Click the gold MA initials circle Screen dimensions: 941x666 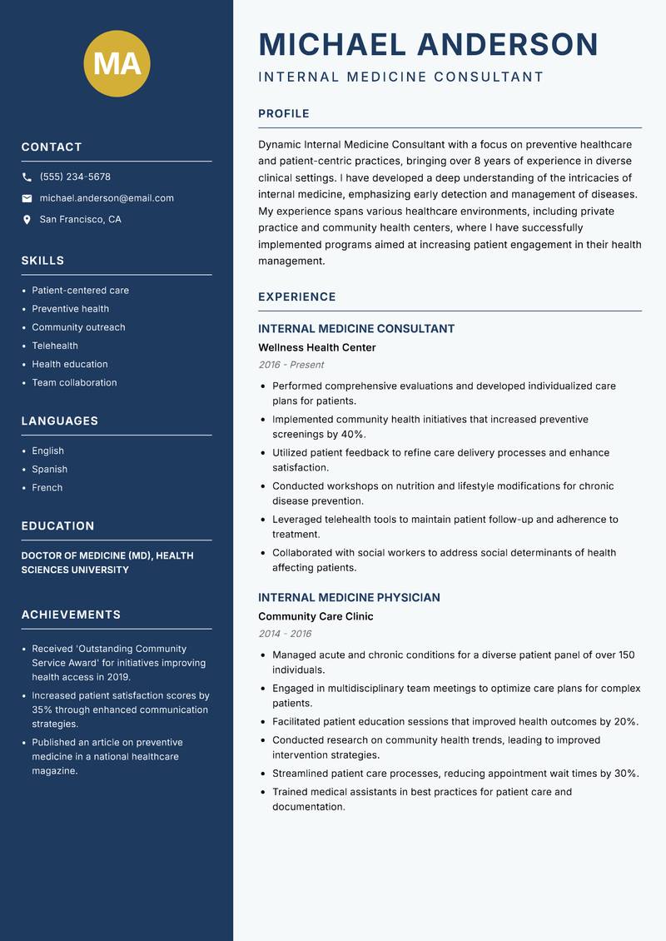(x=117, y=63)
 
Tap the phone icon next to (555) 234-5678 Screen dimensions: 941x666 (x=27, y=177)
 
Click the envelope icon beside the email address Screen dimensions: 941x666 (x=27, y=198)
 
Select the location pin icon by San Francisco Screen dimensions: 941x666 (x=27, y=220)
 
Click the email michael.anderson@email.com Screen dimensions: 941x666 (x=107, y=198)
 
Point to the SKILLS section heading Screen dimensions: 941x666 (x=42, y=261)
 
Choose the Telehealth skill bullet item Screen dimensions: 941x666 (x=55, y=346)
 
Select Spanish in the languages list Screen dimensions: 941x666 (x=49, y=469)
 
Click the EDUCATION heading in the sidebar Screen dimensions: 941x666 (x=57, y=526)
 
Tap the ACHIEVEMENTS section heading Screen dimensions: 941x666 (x=71, y=615)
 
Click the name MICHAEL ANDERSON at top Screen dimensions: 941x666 (x=429, y=44)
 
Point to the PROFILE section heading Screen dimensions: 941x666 (x=283, y=114)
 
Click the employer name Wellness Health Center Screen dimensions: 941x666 (x=316, y=347)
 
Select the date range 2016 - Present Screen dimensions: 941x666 (x=291, y=365)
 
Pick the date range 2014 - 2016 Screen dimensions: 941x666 (x=285, y=634)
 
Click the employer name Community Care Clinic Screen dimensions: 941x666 (x=316, y=616)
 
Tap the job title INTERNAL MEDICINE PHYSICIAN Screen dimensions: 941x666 (x=349, y=598)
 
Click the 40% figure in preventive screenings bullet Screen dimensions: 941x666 (x=353, y=435)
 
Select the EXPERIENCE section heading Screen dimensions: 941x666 (x=296, y=297)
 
